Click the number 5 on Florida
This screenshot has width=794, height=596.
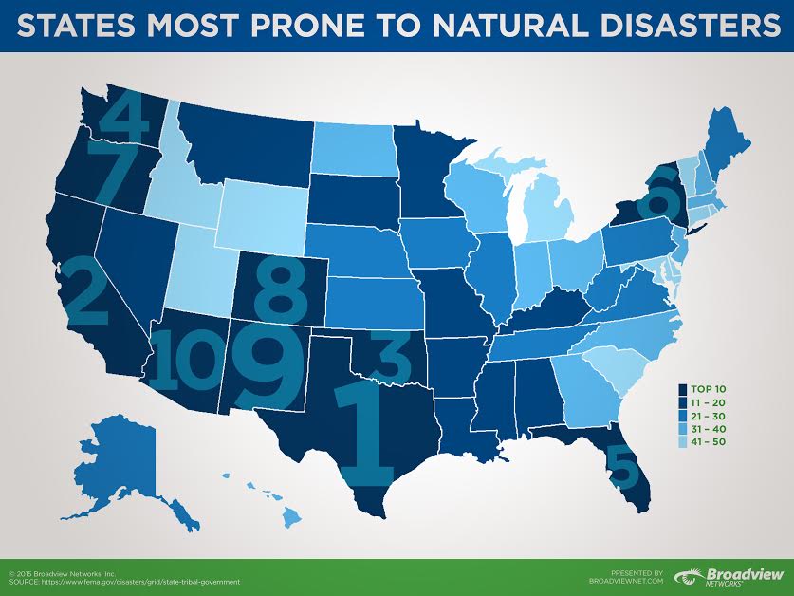(x=621, y=463)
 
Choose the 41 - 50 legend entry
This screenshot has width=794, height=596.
(x=708, y=443)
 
